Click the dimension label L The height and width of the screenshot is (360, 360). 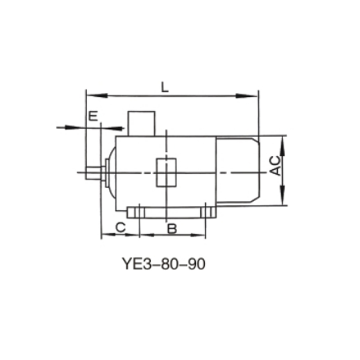pyautogui.click(x=165, y=87)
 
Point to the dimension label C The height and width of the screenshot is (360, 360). pyautogui.click(x=120, y=228)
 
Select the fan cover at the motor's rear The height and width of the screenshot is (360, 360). pyautogui.click(x=237, y=170)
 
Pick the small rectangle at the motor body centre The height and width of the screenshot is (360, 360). pyautogui.click(x=166, y=172)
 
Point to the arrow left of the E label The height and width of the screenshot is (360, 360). pyautogui.click(x=67, y=127)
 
